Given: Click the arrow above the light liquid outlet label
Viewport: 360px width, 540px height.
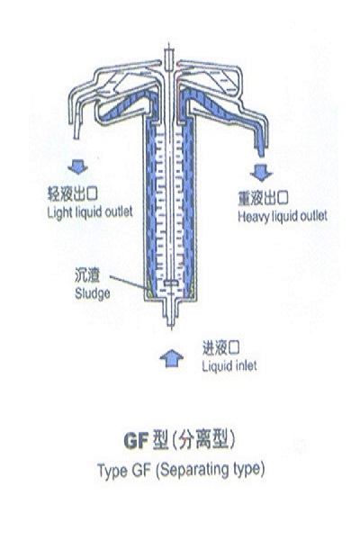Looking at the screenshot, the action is pyautogui.click(x=78, y=166).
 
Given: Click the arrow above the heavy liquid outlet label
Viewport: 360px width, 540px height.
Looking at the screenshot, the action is pyautogui.click(x=261, y=172).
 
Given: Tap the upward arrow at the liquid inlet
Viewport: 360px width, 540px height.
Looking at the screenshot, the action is pyautogui.click(x=171, y=358).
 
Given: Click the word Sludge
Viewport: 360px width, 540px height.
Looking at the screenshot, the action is pyautogui.click(x=93, y=293).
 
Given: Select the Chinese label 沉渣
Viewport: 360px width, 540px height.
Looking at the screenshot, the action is pyautogui.click(x=87, y=275).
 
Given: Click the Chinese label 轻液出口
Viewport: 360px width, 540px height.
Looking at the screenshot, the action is pyautogui.click(x=72, y=193).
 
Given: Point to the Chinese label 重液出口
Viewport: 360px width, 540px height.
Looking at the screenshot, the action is pyautogui.click(x=263, y=198).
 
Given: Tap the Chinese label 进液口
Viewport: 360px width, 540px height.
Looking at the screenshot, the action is pyautogui.click(x=220, y=347).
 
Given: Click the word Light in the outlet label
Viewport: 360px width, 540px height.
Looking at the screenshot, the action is pyautogui.click(x=58, y=212).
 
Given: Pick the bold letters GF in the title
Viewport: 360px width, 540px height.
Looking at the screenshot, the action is pyautogui.click(x=136, y=440).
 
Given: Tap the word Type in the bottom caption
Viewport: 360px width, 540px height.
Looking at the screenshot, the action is pyautogui.click(x=112, y=471).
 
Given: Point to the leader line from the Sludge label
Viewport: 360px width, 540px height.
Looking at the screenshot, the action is pyautogui.click(x=128, y=283).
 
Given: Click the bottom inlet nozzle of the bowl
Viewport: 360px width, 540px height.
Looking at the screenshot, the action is pyautogui.click(x=170, y=314).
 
